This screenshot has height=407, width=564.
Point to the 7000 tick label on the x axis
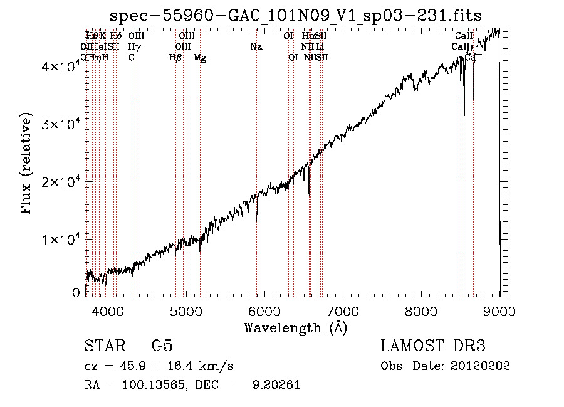click(x=343, y=310)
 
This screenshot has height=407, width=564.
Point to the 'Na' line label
click(x=256, y=46)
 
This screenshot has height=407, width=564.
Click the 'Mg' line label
click(x=200, y=58)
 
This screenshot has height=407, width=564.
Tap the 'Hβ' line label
click(x=175, y=58)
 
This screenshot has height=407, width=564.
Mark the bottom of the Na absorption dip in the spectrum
click(x=256, y=220)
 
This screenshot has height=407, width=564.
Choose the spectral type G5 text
click(x=162, y=346)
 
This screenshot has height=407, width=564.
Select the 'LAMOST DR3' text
click(x=433, y=346)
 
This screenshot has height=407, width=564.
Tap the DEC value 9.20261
click(x=275, y=385)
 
